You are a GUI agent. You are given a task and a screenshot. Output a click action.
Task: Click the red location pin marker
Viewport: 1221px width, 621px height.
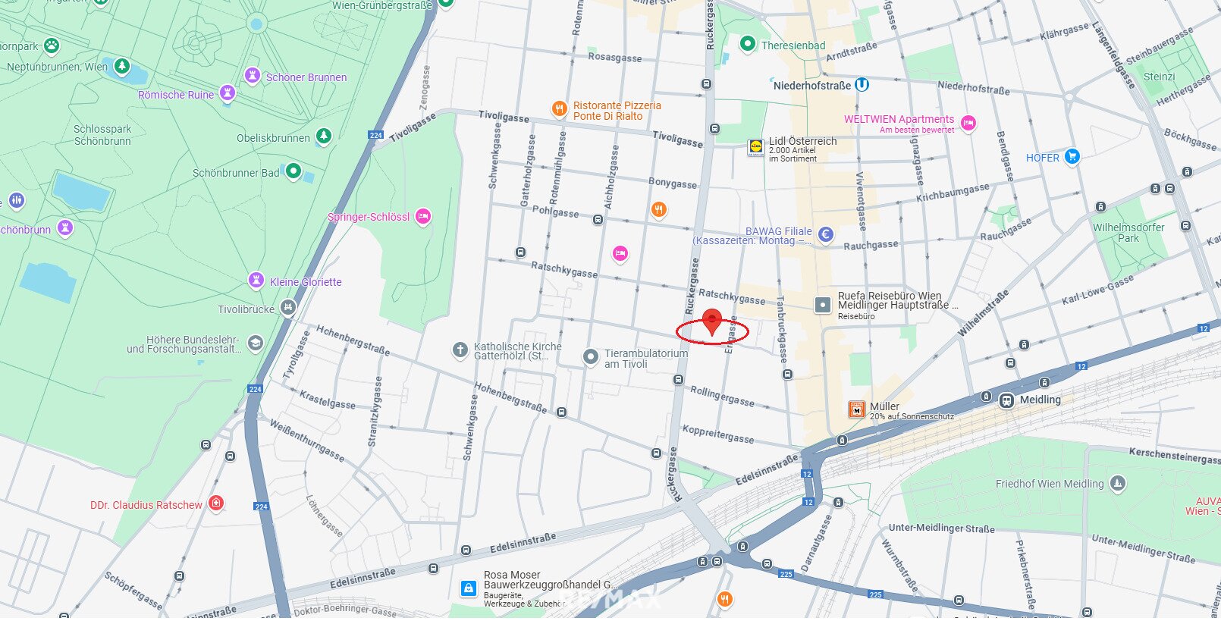click(711, 320)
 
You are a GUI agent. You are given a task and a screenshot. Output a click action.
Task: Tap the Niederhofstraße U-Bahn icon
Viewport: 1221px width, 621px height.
click(862, 85)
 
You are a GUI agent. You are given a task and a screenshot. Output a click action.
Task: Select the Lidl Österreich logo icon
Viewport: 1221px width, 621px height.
click(755, 146)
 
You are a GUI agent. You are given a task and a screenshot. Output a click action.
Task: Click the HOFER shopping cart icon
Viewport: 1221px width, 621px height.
click(1072, 157)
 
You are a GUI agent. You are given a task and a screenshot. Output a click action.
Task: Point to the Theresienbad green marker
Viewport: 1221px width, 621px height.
click(747, 45)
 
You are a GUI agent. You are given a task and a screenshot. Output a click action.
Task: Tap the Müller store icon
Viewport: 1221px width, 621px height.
click(857, 410)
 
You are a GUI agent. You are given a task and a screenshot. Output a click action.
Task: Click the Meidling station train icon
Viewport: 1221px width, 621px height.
click(1006, 400)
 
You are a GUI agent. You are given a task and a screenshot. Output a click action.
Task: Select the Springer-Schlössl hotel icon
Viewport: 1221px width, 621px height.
click(423, 217)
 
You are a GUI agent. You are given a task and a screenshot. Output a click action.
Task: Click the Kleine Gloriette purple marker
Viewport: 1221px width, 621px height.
click(256, 281)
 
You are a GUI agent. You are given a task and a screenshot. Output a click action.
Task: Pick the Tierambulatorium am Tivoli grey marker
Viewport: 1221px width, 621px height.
click(591, 357)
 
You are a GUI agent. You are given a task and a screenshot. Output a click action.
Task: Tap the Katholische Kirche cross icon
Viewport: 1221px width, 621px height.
click(460, 350)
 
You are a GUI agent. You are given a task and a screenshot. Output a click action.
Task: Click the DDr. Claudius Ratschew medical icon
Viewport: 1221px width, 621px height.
click(216, 503)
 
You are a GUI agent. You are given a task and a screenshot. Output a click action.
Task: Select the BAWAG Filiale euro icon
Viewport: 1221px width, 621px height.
click(825, 234)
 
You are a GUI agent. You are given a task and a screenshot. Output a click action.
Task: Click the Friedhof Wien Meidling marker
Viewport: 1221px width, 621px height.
click(1117, 483)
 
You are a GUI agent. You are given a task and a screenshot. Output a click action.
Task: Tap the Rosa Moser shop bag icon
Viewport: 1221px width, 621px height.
click(469, 588)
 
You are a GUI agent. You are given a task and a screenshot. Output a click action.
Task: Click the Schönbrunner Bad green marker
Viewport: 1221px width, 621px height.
click(293, 171)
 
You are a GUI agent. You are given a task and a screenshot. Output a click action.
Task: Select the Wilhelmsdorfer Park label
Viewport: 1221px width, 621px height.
click(1128, 233)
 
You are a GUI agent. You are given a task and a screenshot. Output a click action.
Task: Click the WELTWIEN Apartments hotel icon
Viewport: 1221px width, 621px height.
click(968, 123)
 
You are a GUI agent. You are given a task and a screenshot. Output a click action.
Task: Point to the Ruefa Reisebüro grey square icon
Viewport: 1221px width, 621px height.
click(823, 305)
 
